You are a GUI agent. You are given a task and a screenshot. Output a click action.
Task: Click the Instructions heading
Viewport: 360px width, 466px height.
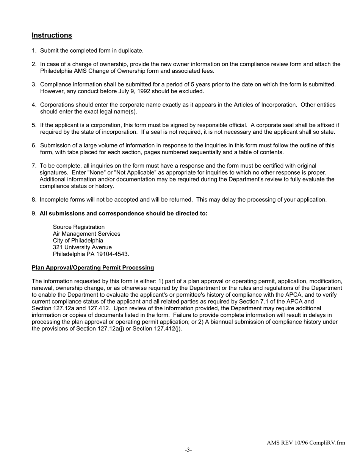(52, 35)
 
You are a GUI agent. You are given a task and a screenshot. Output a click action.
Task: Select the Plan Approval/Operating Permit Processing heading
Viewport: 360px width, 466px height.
(93, 267)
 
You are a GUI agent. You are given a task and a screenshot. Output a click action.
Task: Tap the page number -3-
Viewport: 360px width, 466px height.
(188, 450)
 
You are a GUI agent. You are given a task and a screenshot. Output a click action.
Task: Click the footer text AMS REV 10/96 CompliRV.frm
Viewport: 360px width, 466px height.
(305, 443)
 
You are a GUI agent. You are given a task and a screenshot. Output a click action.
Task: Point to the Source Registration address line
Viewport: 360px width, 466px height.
(79, 227)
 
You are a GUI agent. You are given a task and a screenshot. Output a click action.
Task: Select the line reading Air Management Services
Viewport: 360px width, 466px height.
(86, 234)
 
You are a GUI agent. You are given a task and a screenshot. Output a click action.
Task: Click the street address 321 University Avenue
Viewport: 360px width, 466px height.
(82, 247)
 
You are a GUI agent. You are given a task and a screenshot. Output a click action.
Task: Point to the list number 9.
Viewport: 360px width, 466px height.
(34, 213)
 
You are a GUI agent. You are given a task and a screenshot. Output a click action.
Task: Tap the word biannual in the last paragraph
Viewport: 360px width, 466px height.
(224, 322)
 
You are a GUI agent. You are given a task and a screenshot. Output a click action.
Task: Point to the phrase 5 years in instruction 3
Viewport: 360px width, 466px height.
(200, 84)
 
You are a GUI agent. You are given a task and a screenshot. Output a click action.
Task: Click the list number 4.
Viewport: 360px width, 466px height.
(34, 105)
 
